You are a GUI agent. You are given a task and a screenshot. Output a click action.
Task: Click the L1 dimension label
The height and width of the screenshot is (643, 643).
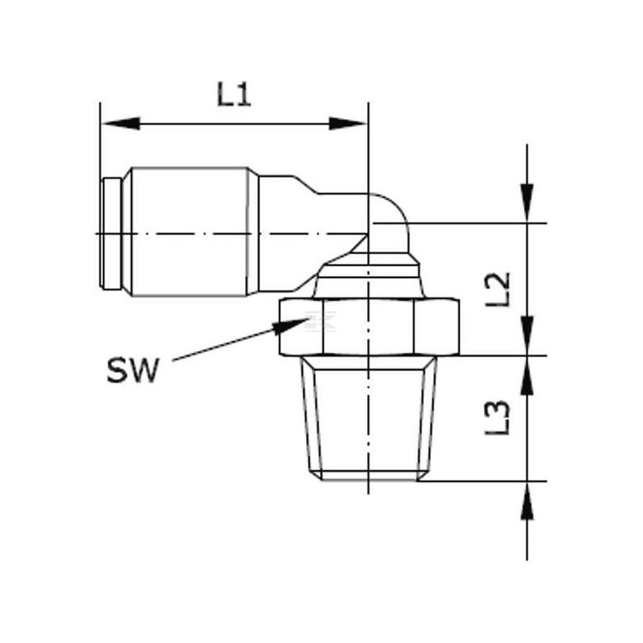click(x=234, y=94)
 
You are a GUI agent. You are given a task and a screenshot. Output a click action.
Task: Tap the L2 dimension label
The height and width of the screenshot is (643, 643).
click(x=498, y=289)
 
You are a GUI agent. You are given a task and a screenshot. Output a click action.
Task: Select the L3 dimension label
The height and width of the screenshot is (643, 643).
click(x=498, y=417)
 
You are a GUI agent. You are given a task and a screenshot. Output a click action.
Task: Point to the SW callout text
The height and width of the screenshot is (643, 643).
click(x=132, y=370)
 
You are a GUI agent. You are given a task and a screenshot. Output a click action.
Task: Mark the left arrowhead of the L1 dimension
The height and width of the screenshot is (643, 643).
click(x=121, y=124)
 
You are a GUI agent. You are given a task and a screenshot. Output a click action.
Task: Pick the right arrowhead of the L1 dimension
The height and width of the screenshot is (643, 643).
click(x=347, y=124)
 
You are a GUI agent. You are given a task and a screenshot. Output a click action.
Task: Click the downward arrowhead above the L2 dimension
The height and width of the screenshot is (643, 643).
click(x=527, y=203)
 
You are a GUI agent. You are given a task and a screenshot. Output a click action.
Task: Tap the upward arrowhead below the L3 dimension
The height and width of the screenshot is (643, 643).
click(x=527, y=500)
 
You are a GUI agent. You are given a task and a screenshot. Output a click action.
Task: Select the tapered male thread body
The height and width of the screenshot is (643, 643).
click(x=368, y=418)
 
